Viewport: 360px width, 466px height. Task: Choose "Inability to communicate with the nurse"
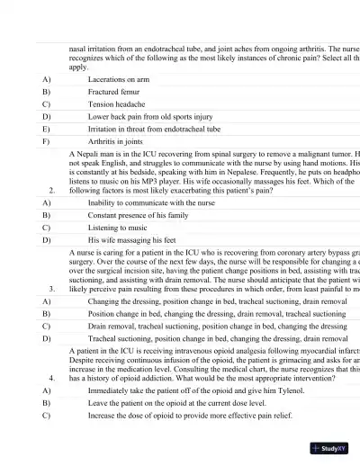(x=151, y=203)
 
